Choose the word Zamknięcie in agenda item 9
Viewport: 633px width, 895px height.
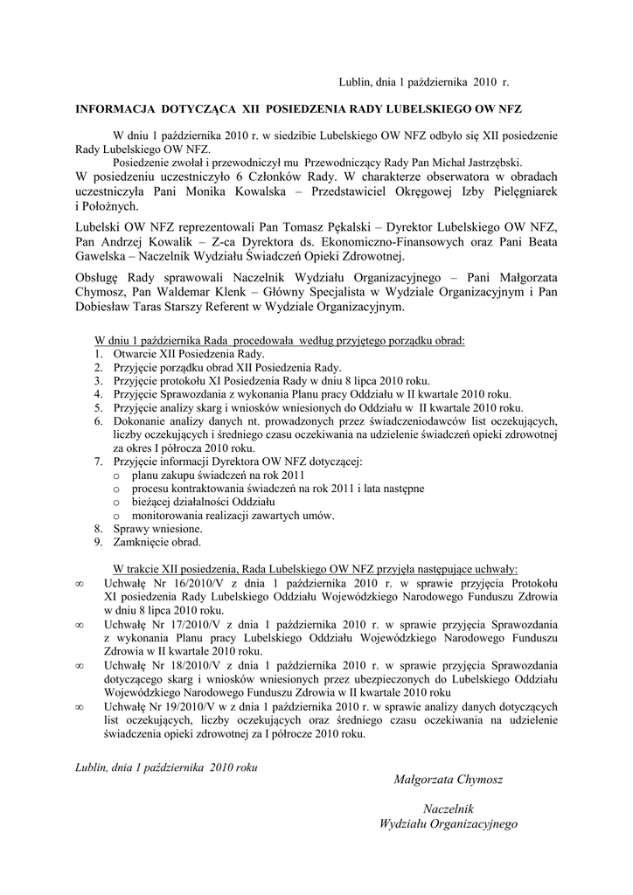140,542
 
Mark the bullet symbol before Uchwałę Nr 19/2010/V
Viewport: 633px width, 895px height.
80,706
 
